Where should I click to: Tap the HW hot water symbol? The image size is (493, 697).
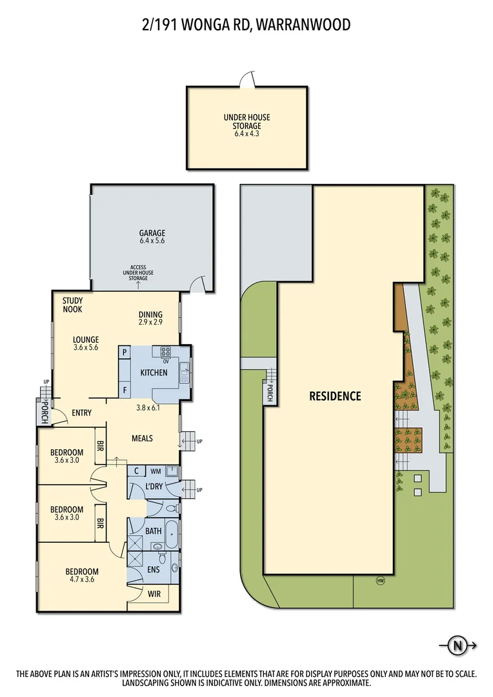click(x=380, y=580)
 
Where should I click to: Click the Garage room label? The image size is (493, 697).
click(x=152, y=237)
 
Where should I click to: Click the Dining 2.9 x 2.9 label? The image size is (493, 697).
click(x=150, y=318)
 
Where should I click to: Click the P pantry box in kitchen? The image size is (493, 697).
click(x=124, y=352)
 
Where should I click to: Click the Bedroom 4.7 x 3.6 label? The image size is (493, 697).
click(x=81, y=576)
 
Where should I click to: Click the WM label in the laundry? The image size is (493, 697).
click(x=156, y=471)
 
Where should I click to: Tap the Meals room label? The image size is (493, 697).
click(x=142, y=438)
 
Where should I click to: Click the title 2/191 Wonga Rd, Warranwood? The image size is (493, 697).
click(x=246, y=25)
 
